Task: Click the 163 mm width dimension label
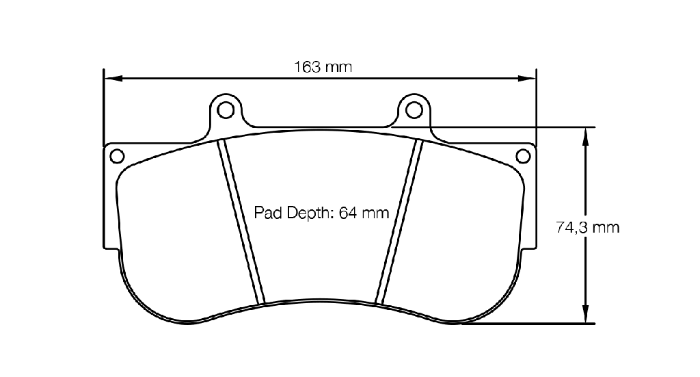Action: point(323,67)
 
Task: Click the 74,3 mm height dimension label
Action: point(587,227)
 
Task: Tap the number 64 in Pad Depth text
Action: point(347,213)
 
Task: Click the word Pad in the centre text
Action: point(267,213)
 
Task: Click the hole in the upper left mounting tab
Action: point(226,110)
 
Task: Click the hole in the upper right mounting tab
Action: point(414,110)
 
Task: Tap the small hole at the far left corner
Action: point(117,156)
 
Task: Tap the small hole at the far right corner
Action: point(523,156)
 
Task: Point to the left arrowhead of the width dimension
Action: point(113,79)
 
